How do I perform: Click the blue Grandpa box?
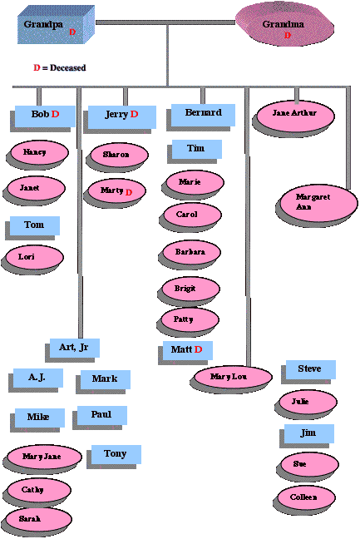56,25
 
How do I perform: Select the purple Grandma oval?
284,24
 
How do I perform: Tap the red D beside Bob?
55,114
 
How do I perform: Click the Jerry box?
122,117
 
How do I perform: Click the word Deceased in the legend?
67,67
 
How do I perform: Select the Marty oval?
116,190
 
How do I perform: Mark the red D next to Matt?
198,349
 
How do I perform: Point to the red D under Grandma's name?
288,36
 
